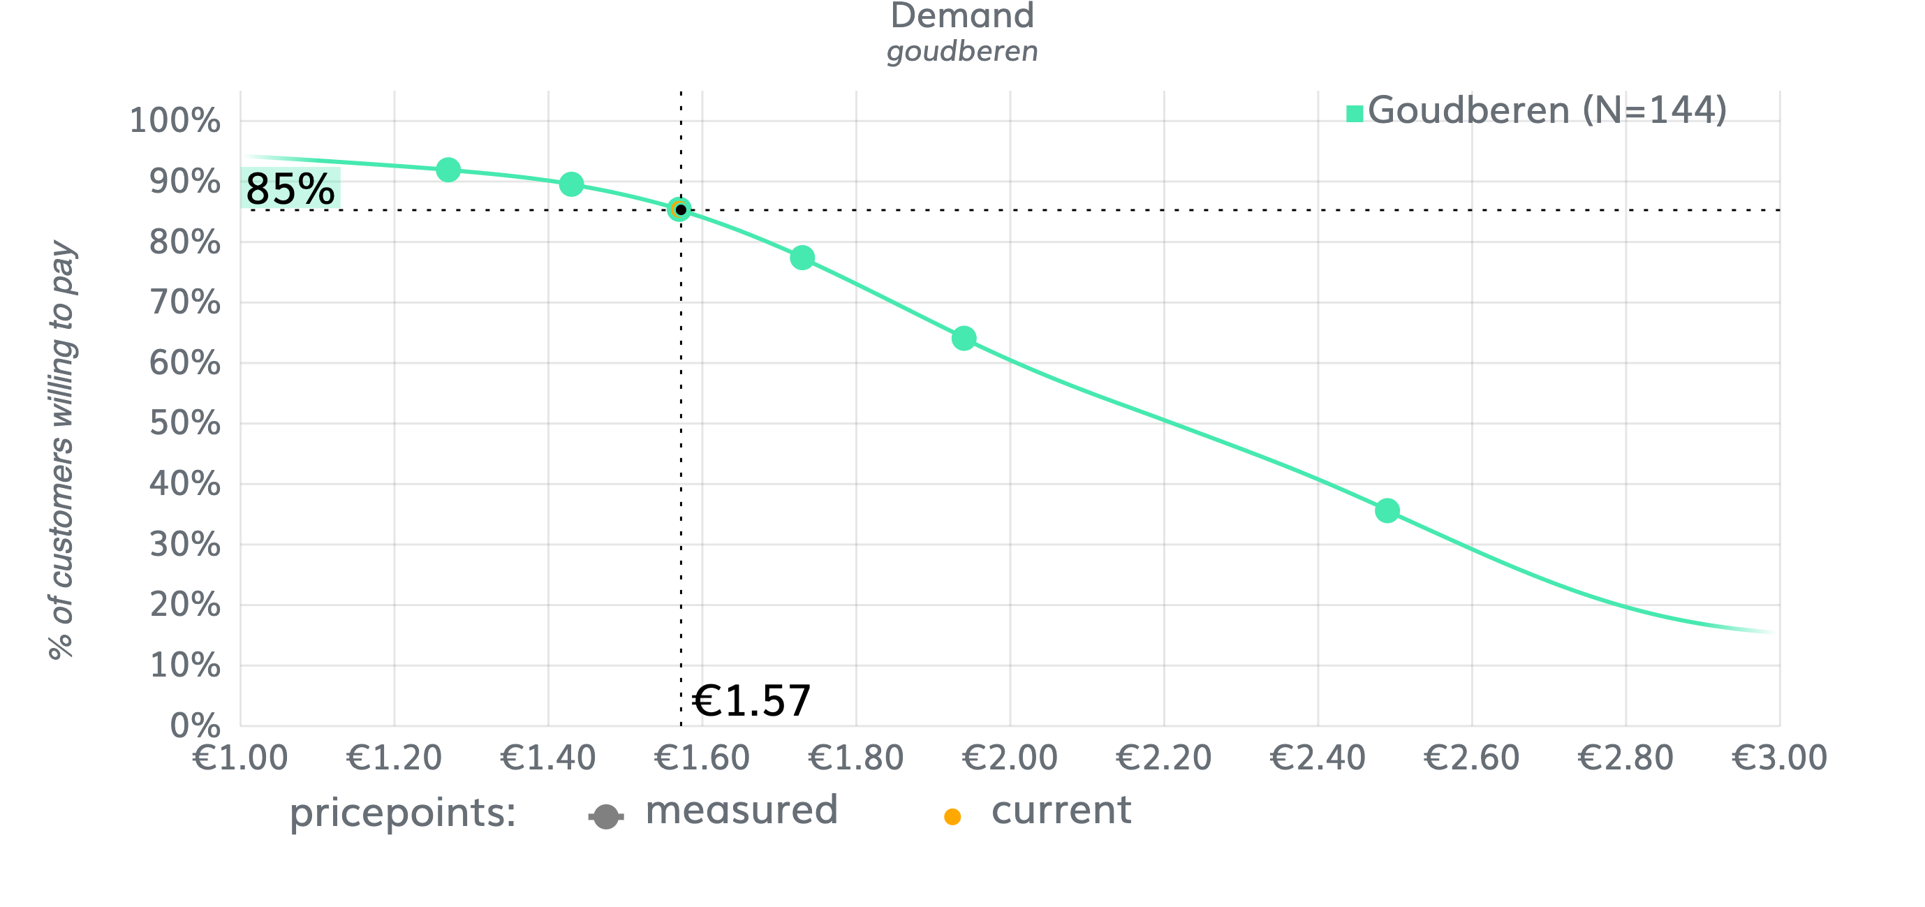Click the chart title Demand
(961, 17)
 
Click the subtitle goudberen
(961, 52)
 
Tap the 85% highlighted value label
(290, 189)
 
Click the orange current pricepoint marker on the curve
(679, 210)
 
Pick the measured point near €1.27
(448, 170)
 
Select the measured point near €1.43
(571, 184)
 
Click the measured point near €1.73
(802, 258)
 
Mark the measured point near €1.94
(964, 339)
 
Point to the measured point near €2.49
(1387, 511)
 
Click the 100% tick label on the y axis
(175, 120)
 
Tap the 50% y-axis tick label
(184, 424)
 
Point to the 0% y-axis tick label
(194, 725)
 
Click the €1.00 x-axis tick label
(240, 758)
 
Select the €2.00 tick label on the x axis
(1010, 758)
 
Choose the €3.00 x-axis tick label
(1778, 758)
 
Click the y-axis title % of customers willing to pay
(62, 450)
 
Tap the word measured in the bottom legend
(742, 811)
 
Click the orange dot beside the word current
(952, 817)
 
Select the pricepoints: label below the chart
(403, 813)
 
